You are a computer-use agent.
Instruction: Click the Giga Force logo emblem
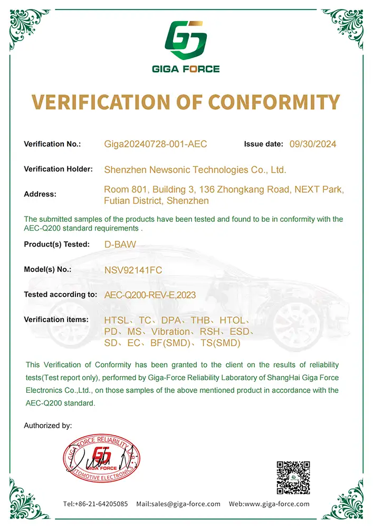pos(186,40)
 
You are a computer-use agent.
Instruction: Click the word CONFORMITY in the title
pos(274,101)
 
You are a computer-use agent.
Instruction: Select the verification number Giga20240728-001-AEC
pos(156,144)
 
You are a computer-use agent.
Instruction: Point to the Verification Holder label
pos(59,169)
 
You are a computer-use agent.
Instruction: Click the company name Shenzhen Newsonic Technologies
pos(195,170)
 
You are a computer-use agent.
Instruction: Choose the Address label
pos(40,194)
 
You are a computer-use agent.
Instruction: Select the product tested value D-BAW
pos(117,244)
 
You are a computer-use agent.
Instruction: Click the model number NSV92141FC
pos(133,270)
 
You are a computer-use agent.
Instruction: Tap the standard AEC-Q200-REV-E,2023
pos(150,296)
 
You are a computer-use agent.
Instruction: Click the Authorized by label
pos(48,425)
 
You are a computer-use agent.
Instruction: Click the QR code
pos(293,477)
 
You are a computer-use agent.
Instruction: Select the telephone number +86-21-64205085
pos(95,504)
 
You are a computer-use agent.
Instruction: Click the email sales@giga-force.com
pos(178,504)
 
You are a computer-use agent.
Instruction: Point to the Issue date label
pos(262,144)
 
